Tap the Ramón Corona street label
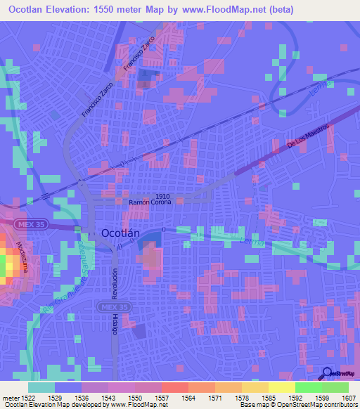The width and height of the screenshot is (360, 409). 155,202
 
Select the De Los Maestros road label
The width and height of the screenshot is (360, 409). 308,136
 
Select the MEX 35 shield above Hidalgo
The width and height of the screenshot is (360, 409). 112,308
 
